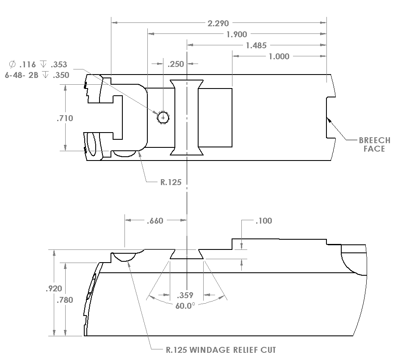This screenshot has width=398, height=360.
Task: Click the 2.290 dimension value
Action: click(x=218, y=23)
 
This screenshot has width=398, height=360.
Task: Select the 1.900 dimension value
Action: click(x=237, y=34)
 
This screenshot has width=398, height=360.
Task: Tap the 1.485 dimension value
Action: click(x=256, y=45)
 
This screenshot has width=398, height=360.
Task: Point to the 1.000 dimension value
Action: click(x=279, y=56)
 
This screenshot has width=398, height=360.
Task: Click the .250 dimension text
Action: click(x=175, y=64)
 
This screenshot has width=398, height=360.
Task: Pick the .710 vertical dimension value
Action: click(x=65, y=118)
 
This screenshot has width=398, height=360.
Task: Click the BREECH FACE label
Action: click(x=374, y=144)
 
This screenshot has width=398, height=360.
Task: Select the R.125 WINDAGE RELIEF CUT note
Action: click(x=220, y=350)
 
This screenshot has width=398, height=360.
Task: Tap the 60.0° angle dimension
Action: click(x=185, y=305)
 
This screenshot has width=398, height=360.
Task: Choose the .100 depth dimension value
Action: click(x=263, y=221)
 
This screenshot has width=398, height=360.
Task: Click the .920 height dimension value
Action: click(x=54, y=289)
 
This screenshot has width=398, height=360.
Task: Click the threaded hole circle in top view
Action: click(x=163, y=117)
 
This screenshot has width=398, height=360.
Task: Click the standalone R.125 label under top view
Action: click(x=171, y=183)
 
